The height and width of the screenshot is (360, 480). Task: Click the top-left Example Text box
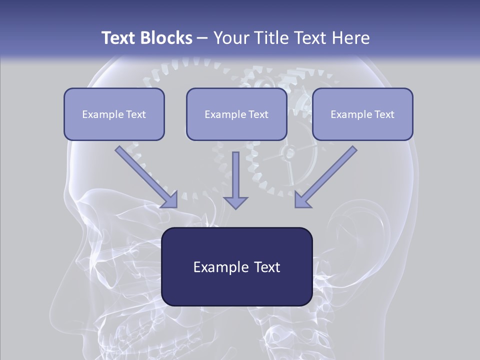tap(114, 114)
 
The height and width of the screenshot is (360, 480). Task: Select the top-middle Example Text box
tap(236, 114)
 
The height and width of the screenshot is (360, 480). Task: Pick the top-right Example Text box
tap(362, 114)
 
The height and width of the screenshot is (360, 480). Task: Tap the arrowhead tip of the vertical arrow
tap(235, 207)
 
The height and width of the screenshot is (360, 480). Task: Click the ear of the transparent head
tap(357, 235)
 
